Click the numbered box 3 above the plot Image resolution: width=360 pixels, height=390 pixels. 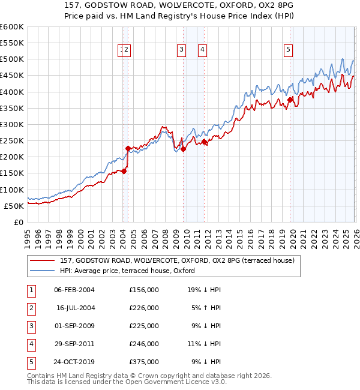(x=181, y=50)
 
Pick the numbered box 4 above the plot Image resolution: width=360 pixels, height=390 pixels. (x=203, y=50)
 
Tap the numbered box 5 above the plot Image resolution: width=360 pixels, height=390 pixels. (x=289, y=50)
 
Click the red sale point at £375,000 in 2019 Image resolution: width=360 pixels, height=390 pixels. (x=290, y=100)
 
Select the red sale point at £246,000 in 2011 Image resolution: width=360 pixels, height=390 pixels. (x=205, y=142)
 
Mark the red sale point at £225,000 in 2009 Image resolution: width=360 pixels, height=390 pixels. (x=183, y=149)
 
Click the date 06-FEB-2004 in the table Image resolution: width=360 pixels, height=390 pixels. (x=74, y=290)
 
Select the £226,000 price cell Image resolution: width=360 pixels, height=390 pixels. (x=144, y=308)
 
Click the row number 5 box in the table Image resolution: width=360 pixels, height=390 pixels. (x=30, y=362)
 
